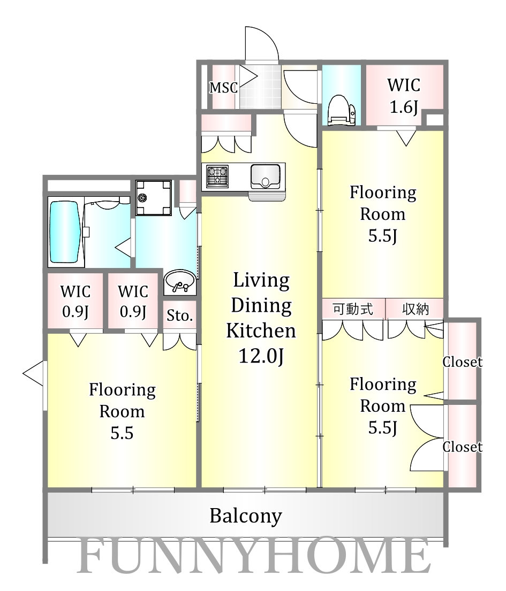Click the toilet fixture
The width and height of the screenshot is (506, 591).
click(x=342, y=110)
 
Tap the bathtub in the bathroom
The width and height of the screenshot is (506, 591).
click(x=65, y=232)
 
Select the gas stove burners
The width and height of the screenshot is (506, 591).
click(x=217, y=175)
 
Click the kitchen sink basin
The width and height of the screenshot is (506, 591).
click(x=265, y=177)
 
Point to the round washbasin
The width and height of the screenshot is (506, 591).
click(x=179, y=281)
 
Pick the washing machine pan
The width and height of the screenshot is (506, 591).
click(x=154, y=197)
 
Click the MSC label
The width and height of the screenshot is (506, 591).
click(x=223, y=88)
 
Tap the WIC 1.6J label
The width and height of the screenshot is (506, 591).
click(x=404, y=96)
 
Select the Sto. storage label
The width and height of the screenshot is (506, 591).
click(x=179, y=316)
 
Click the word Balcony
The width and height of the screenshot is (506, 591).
click(x=246, y=516)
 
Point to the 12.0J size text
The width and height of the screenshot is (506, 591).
click(x=261, y=356)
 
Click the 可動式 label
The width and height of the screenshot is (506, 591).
click(x=353, y=309)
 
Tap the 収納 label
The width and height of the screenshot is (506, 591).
click(x=416, y=309)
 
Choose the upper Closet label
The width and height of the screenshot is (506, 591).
click(x=462, y=362)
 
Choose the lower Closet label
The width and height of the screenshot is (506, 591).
click(x=462, y=447)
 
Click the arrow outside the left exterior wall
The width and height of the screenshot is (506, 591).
click(x=33, y=373)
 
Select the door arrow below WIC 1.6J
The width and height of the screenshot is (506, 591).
click(x=406, y=138)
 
